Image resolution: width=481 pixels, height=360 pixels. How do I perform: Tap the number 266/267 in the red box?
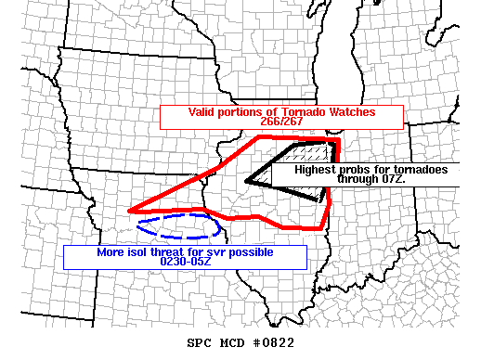click(x=281, y=122)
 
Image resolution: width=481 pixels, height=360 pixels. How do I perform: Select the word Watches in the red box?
click(x=348, y=112)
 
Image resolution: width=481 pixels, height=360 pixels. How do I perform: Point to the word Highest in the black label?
click(x=316, y=170)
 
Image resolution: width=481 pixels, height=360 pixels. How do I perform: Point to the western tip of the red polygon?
click(x=129, y=211)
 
